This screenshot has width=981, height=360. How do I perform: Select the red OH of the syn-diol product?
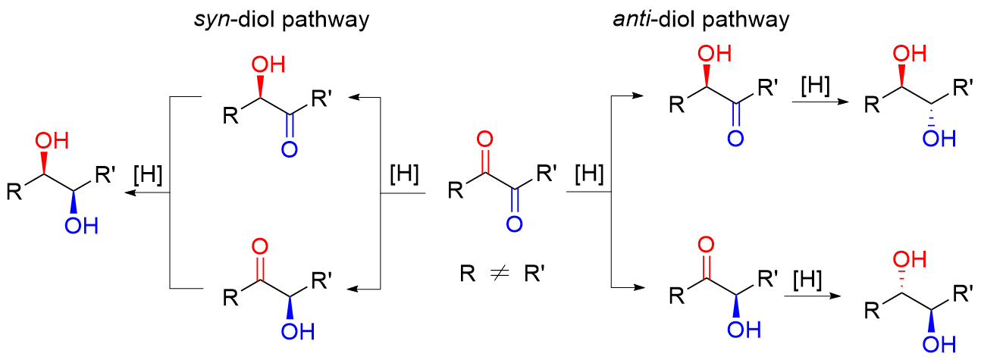(x=52, y=142)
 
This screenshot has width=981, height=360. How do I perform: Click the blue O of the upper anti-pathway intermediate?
(x=733, y=139)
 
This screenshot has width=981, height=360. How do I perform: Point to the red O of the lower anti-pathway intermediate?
(x=705, y=246)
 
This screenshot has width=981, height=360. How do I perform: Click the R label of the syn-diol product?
(x=14, y=193)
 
